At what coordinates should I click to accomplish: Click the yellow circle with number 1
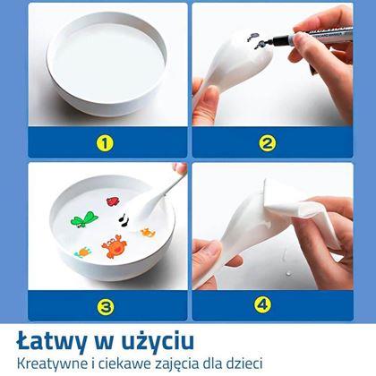[x=105, y=143]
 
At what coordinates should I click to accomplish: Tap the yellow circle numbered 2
[x=267, y=143]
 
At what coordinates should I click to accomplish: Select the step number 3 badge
[x=106, y=305]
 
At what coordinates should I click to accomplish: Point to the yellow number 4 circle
[x=263, y=304]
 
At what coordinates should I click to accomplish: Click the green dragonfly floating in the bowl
[x=83, y=219]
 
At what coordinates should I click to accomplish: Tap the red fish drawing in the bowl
[x=114, y=201]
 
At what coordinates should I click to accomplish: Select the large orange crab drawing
[x=115, y=246]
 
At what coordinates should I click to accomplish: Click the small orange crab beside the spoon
[x=148, y=232]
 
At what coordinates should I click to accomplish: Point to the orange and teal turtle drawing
[x=83, y=252]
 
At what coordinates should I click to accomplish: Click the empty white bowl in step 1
[x=107, y=64]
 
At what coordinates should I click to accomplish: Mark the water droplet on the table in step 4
[x=287, y=273]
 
